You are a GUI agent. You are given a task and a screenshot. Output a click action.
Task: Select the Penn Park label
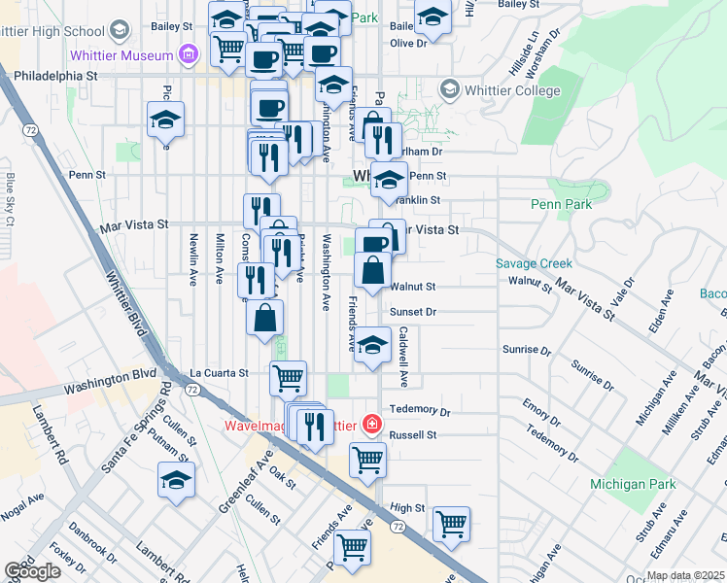561,205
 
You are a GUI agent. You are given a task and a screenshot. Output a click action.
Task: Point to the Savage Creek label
534,263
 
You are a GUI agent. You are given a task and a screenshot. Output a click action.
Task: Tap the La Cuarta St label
219,372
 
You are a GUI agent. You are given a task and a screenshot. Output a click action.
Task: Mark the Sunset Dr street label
413,312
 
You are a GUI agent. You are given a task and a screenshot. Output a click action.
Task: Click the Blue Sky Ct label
11,199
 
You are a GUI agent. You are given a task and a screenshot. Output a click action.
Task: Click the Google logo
32,571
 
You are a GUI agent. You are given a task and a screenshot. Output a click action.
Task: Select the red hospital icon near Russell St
370,424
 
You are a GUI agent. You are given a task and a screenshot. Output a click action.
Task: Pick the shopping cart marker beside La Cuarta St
288,377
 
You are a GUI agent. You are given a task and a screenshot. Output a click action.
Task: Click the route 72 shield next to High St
398,526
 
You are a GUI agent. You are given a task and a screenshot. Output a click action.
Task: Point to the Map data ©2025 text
683,575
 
